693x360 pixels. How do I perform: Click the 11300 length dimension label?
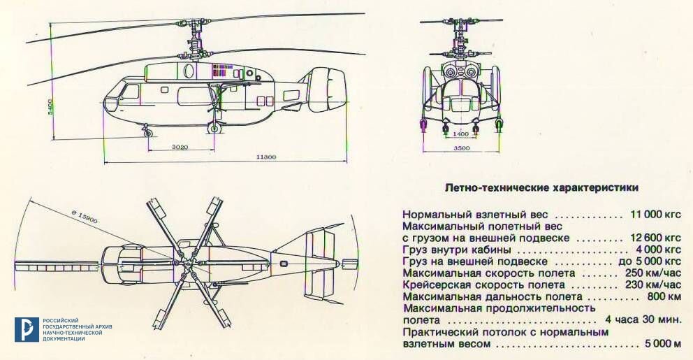[265, 157]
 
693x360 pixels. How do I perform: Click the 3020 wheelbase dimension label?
[180, 147]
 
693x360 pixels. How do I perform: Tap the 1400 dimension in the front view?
[460, 134]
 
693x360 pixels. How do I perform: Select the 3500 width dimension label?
[460, 149]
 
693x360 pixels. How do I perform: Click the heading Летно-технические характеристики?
[541, 188]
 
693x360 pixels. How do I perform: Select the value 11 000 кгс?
[655, 213]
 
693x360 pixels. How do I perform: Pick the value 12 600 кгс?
[655, 238]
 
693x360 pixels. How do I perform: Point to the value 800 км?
[664, 296]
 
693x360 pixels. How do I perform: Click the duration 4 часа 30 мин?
[643, 320]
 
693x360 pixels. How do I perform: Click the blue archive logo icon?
[26, 329]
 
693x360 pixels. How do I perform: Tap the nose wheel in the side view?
[147, 132]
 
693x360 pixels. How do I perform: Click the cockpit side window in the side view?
[130, 92]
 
